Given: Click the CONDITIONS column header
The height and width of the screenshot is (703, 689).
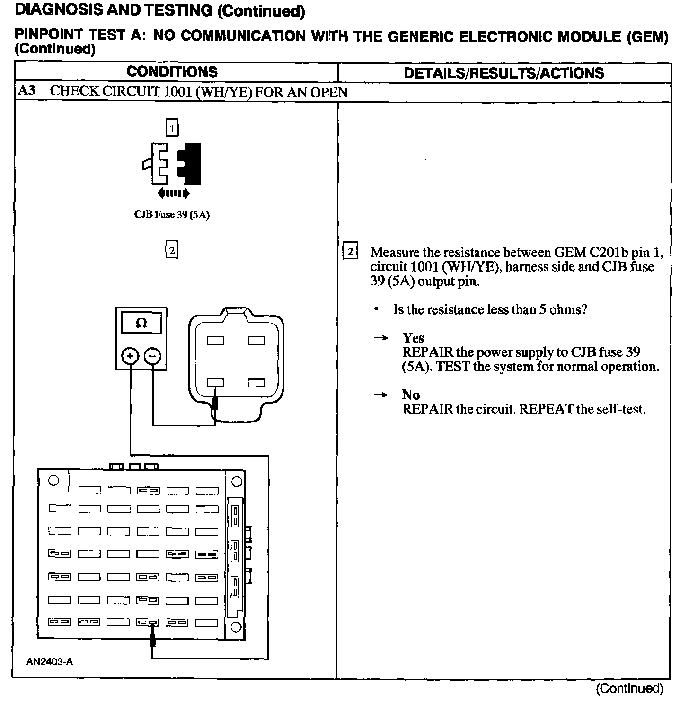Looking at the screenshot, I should tap(172, 72).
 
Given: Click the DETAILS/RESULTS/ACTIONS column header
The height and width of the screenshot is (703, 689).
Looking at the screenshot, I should tap(504, 73).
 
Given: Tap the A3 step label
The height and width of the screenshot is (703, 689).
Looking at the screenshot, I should tap(26, 91).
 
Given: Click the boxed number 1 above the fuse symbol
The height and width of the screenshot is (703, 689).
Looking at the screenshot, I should tap(172, 128).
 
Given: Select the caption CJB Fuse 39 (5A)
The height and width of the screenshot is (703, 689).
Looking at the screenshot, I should tap(172, 215).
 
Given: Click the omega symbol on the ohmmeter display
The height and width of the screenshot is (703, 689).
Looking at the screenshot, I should tap(141, 323).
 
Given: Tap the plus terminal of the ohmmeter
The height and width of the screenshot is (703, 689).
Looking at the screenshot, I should tap(130, 356).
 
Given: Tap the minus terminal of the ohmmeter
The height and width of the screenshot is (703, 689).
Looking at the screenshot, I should tap(152, 356).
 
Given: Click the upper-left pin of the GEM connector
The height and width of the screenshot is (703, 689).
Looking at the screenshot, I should tap(215, 340).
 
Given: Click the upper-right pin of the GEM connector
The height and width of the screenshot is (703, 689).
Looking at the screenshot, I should tap(256, 340).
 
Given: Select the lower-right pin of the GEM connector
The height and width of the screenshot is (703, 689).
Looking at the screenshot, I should tap(256, 383).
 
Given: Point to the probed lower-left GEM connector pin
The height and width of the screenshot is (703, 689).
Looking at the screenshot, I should tap(215, 383).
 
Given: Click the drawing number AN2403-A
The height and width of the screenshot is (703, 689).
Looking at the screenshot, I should tap(50, 662).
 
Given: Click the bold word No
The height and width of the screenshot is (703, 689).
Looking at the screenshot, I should tap(411, 395).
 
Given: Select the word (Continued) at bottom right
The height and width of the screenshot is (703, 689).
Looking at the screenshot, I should tap(629, 688).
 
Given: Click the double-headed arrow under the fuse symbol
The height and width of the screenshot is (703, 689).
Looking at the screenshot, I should tap(173, 193).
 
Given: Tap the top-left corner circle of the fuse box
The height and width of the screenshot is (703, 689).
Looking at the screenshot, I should tap(54, 480).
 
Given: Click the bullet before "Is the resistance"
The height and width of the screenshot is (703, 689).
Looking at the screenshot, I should tap(376, 309).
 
